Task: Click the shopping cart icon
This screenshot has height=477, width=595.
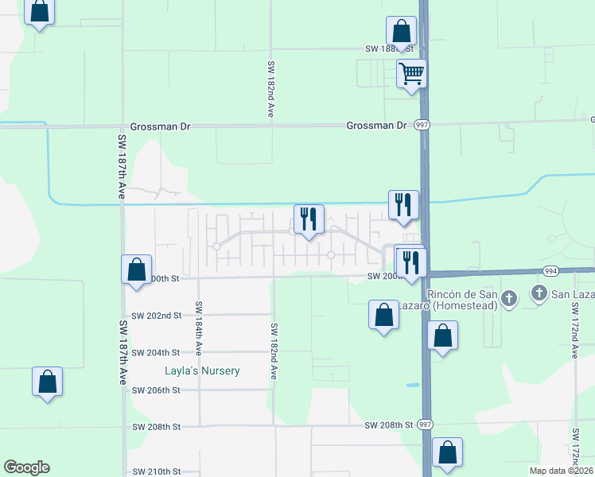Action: coord(411,75)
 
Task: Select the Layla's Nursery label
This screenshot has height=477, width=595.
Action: coord(202,370)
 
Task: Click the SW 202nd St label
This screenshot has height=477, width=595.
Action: coord(157,316)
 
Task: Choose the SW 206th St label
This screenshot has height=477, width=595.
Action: coord(157,390)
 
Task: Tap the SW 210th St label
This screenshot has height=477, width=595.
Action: coord(157,471)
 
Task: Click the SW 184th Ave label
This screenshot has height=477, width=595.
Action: coord(199,328)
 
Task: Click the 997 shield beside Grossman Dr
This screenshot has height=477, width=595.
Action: coord(422,126)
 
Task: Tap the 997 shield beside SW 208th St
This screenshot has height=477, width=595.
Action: coord(426,425)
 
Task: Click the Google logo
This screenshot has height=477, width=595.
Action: coord(26,467)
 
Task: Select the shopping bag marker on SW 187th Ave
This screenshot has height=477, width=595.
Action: coord(136,270)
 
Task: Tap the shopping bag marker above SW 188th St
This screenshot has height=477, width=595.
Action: coord(401,32)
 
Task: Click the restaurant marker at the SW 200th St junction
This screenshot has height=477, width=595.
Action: coord(410,264)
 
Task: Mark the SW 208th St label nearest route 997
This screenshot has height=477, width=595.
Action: coord(390,426)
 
